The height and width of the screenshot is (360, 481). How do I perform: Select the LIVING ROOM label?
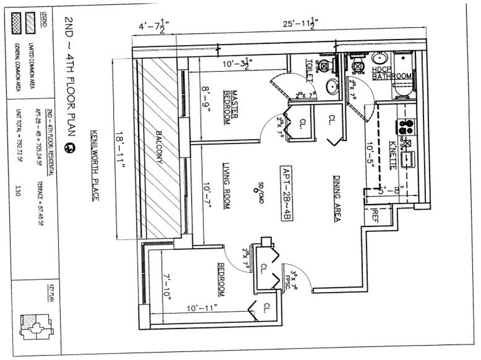click(228, 178)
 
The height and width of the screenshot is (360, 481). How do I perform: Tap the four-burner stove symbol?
click(407, 127)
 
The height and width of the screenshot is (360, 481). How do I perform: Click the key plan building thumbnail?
click(34, 323)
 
